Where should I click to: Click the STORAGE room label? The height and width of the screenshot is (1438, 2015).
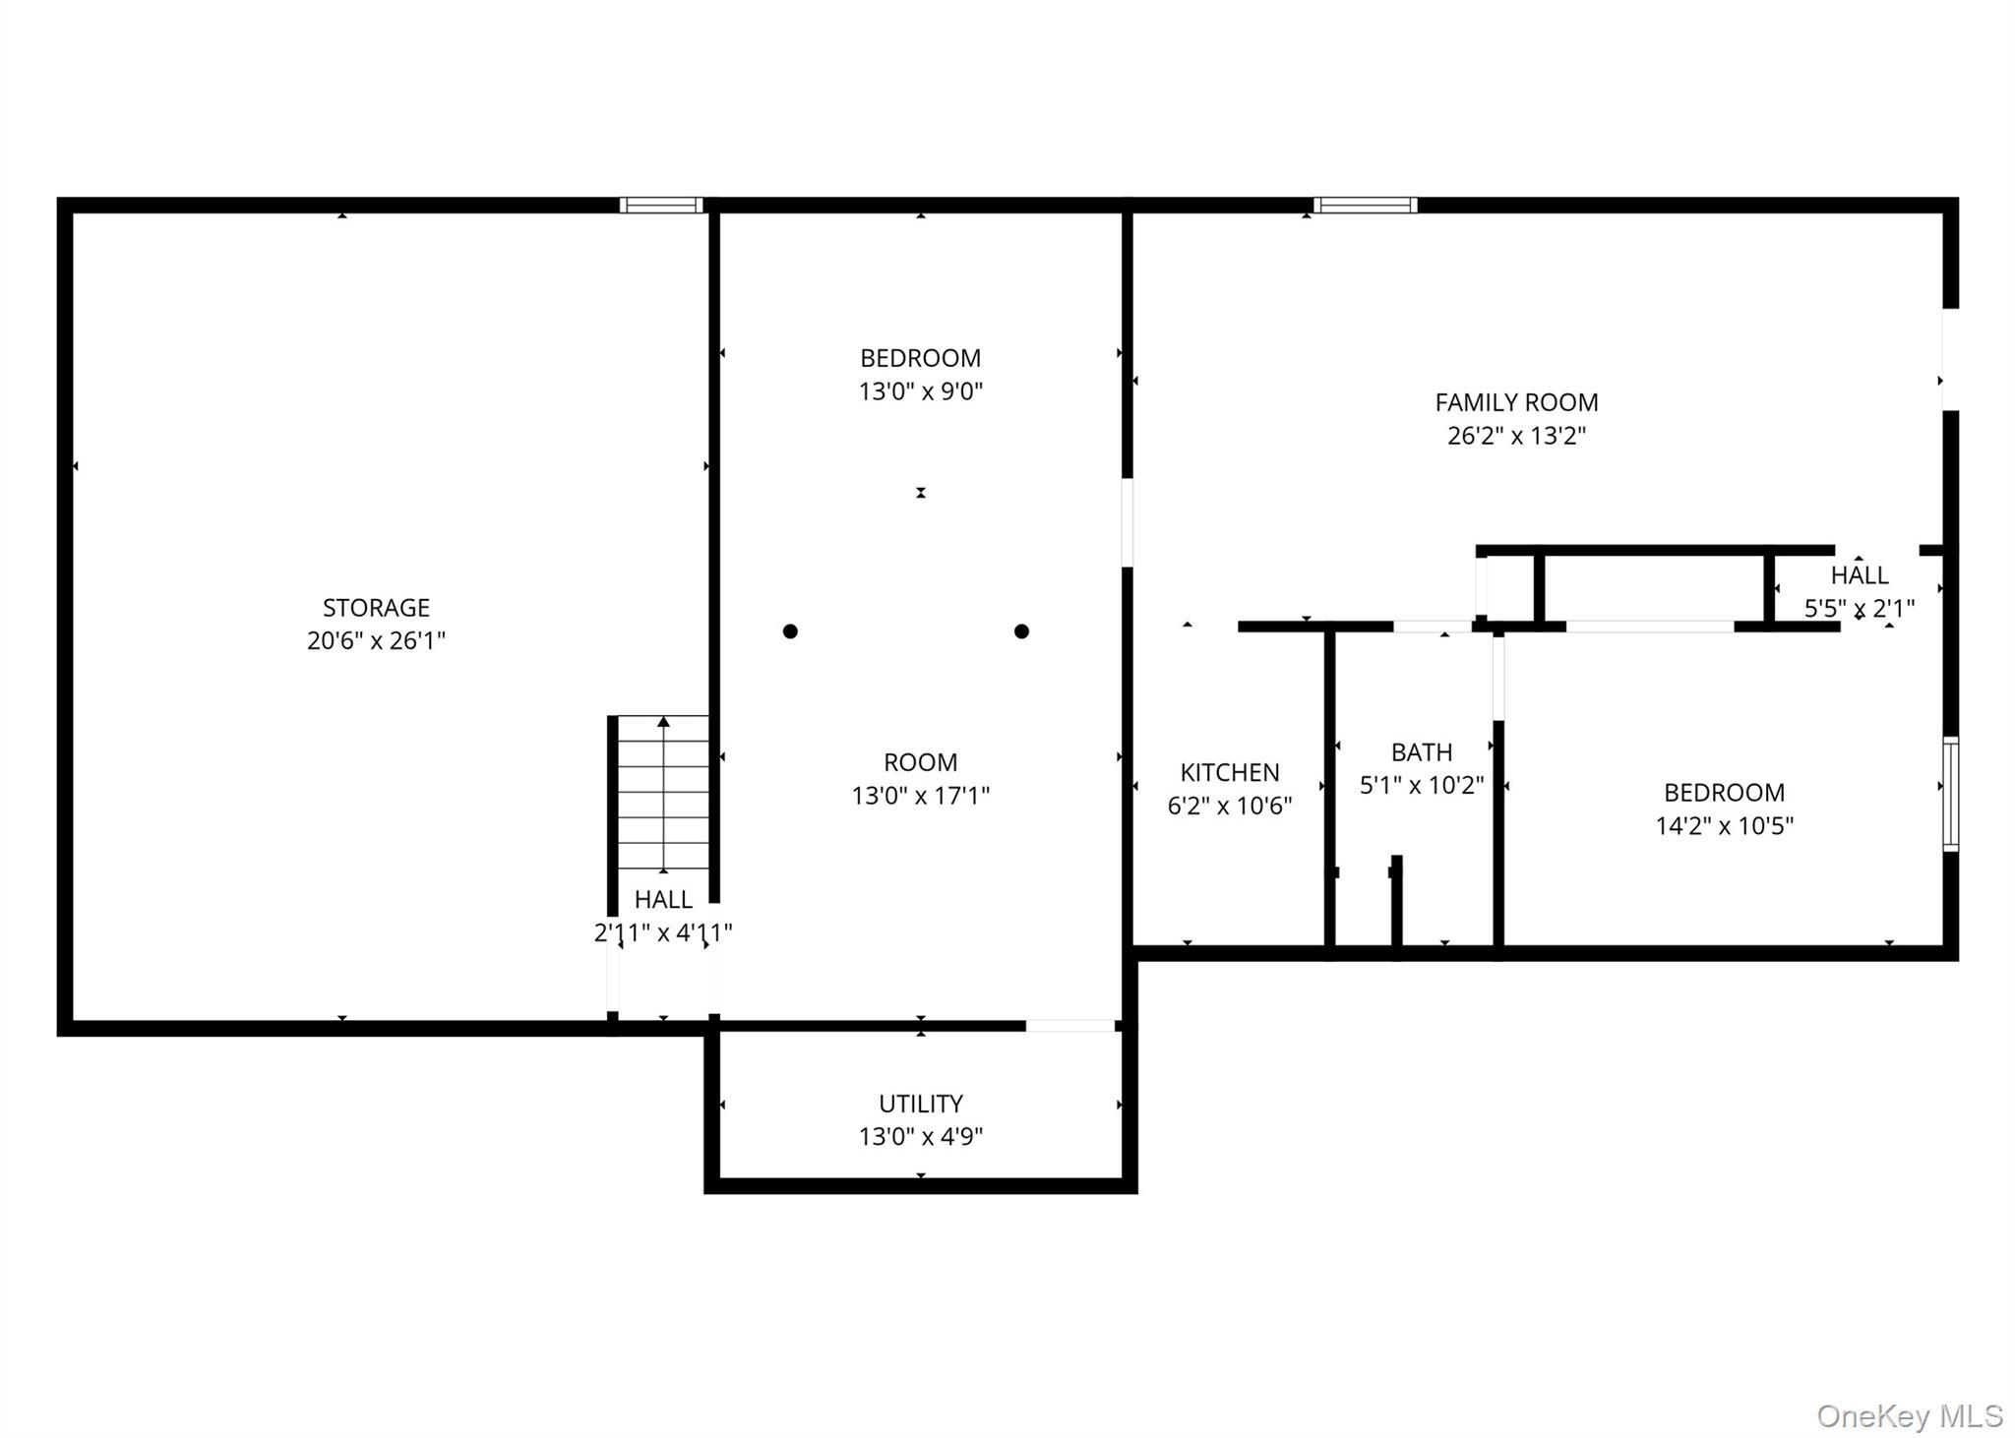[x=376, y=608]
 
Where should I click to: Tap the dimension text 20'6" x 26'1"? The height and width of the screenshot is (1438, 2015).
[x=376, y=641]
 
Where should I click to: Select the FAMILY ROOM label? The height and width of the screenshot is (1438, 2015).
[x=1516, y=402]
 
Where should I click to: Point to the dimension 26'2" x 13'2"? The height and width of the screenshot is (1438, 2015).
[x=1516, y=436]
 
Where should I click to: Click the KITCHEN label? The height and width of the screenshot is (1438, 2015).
[x=1230, y=773]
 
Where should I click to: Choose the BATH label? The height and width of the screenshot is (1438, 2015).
[x=1422, y=752]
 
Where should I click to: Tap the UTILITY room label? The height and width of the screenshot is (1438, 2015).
[x=920, y=1104]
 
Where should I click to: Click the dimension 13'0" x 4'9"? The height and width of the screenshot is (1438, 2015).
[x=920, y=1137]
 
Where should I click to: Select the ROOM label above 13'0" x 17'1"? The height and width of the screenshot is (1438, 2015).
[x=920, y=762]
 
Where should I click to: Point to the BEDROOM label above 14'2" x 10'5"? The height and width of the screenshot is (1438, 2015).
[x=1724, y=793]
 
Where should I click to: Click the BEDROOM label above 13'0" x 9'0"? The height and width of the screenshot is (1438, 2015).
[x=920, y=358]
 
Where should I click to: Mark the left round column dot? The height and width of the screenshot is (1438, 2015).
[x=790, y=631]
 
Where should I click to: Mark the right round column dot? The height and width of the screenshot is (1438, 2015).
[x=1021, y=631]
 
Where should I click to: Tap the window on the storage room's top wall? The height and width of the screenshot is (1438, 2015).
[x=661, y=206]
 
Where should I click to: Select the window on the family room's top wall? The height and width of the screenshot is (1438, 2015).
[x=1365, y=206]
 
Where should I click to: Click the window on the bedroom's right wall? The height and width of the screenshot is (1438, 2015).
[x=1950, y=793]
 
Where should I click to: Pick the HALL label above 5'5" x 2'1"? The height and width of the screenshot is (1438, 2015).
[x=1860, y=575]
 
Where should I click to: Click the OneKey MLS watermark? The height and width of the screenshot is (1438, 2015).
[x=1909, y=1416]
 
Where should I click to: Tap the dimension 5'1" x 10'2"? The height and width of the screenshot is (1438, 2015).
[x=1422, y=786]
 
